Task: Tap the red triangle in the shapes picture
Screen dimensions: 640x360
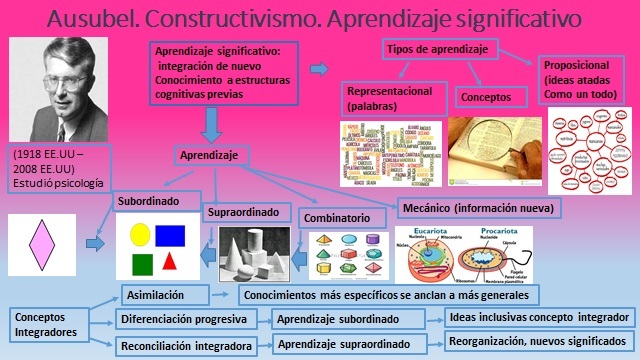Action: pos(170,262)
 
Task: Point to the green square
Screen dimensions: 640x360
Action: pos(141,264)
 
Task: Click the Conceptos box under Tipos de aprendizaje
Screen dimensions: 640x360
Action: pos(491,98)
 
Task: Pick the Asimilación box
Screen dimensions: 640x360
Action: pos(164,295)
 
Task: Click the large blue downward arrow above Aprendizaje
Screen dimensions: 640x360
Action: pos(212,124)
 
